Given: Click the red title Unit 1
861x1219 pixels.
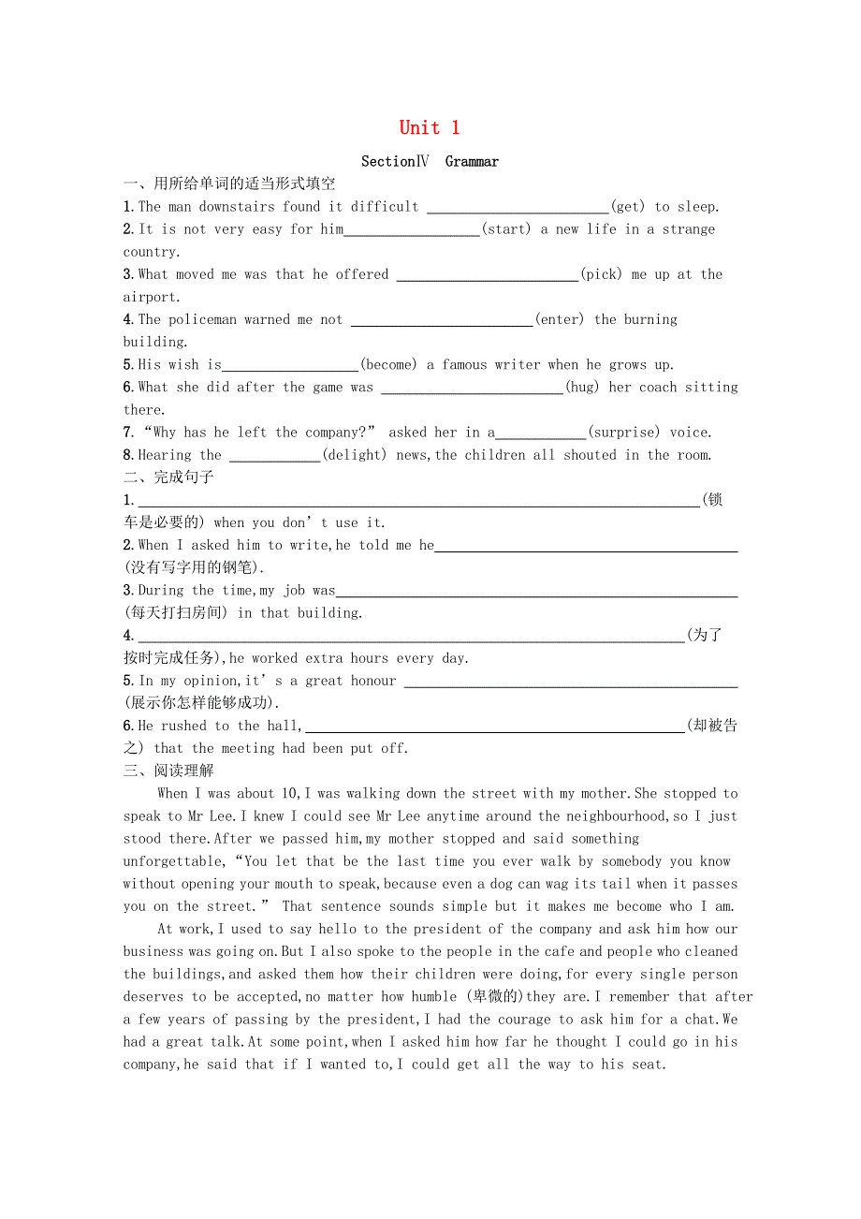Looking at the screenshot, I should coord(430,128).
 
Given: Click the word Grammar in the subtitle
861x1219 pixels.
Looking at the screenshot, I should coord(472,161).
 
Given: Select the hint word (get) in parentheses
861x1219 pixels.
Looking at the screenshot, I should coord(628,207).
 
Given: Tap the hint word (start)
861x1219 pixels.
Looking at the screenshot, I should coord(506,229).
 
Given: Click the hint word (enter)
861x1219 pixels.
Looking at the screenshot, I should coord(560,319).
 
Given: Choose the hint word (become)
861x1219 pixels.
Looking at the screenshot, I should coord(388,364).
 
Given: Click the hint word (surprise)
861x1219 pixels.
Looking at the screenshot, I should coord(623,432).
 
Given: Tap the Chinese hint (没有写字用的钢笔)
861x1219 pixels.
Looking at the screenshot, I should coord(195,567).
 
